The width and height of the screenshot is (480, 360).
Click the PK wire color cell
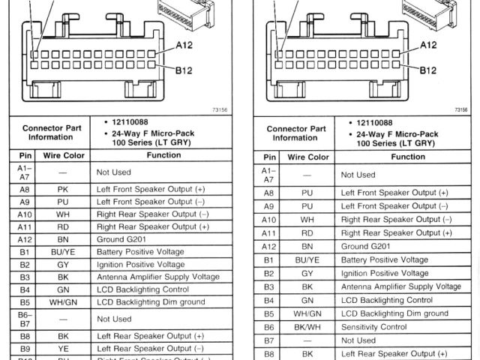[x=62, y=190]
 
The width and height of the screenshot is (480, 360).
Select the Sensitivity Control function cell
[x=373, y=327]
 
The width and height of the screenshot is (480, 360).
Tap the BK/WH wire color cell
[x=307, y=327]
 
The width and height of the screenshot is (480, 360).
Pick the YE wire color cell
[x=62, y=349]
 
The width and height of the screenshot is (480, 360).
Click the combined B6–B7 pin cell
[x=25, y=319]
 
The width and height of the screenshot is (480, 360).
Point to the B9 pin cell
[x=25, y=349]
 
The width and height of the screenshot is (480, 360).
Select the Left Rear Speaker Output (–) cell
[x=151, y=349]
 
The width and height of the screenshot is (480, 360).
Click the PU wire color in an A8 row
[x=307, y=193]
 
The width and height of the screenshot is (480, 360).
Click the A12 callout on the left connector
[x=185, y=45]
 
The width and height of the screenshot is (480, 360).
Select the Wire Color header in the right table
[x=307, y=157]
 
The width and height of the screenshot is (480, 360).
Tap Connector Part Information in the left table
[x=51, y=133]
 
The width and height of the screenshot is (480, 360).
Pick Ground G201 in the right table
[x=365, y=246]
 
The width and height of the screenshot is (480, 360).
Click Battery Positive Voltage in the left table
[x=140, y=253]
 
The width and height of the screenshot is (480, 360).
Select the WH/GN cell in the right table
[x=307, y=313]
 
